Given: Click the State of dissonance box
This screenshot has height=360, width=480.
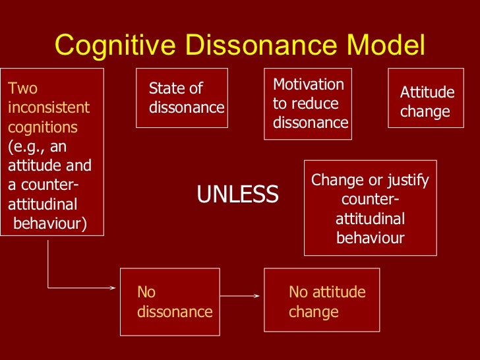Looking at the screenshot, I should pyautogui.click(x=182, y=98).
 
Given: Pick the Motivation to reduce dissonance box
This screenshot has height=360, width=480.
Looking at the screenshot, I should pyautogui.click(x=308, y=104).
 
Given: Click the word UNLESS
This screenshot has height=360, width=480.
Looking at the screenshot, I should pyautogui.click(x=237, y=195).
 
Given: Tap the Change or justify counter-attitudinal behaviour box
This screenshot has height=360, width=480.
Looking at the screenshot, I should pyautogui.click(x=370, y=208).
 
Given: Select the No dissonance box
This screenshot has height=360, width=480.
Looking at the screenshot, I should pyautogui.click(x=170, y=301).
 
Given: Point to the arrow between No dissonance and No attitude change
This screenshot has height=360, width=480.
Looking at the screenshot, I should pyautogui.click(x=239, y=295).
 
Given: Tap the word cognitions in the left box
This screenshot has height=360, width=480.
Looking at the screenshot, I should pyautogui.click(x=42, y=127).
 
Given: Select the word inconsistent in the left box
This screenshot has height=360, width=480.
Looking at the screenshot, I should pyautogui.click(x=49, y=107).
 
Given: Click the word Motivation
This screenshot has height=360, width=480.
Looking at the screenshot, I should pyautogui.click(x=308, y=84).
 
